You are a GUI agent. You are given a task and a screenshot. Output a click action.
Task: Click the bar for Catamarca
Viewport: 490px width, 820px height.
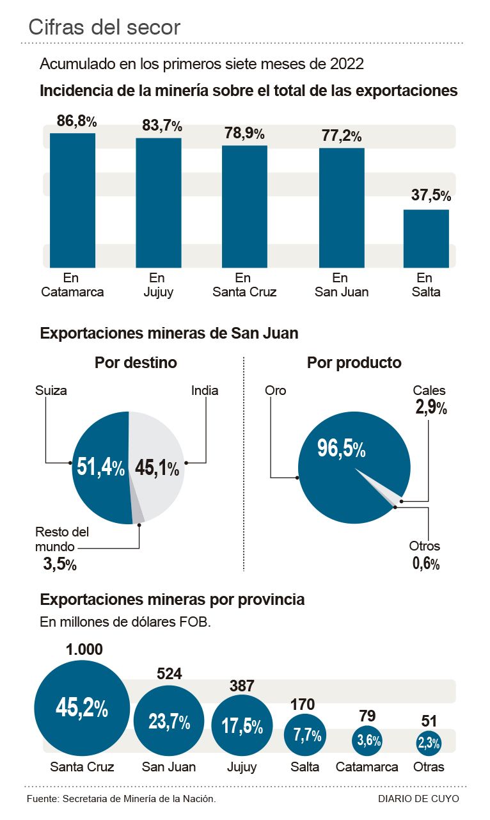click(x=72, y=200)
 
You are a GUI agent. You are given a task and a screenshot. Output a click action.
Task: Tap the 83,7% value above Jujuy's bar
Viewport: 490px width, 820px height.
click(x=162, y=126)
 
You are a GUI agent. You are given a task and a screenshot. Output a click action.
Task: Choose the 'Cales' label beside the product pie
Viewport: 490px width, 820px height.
click(x=429, y=390)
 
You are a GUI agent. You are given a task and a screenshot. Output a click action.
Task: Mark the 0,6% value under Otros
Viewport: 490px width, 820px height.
click(x=425, y=563)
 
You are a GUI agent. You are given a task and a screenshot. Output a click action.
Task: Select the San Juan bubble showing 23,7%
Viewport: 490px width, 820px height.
click(x=169, y=722)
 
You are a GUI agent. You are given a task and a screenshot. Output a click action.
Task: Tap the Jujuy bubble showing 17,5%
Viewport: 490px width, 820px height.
click(x=242, y=727)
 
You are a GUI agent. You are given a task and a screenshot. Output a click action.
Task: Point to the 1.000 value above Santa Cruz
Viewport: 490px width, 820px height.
click(x=84, y=649)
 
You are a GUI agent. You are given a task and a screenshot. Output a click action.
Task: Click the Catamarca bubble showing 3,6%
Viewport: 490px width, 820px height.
click(x=368, y=741)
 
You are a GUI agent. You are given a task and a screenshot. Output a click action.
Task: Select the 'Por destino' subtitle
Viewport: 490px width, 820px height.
click(x=136, y=363)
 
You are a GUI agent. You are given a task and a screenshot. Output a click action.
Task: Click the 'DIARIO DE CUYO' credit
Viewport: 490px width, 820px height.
click(x=418, y=799)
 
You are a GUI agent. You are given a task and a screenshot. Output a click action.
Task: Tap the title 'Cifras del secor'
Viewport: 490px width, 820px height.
click(x=104, y=27)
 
